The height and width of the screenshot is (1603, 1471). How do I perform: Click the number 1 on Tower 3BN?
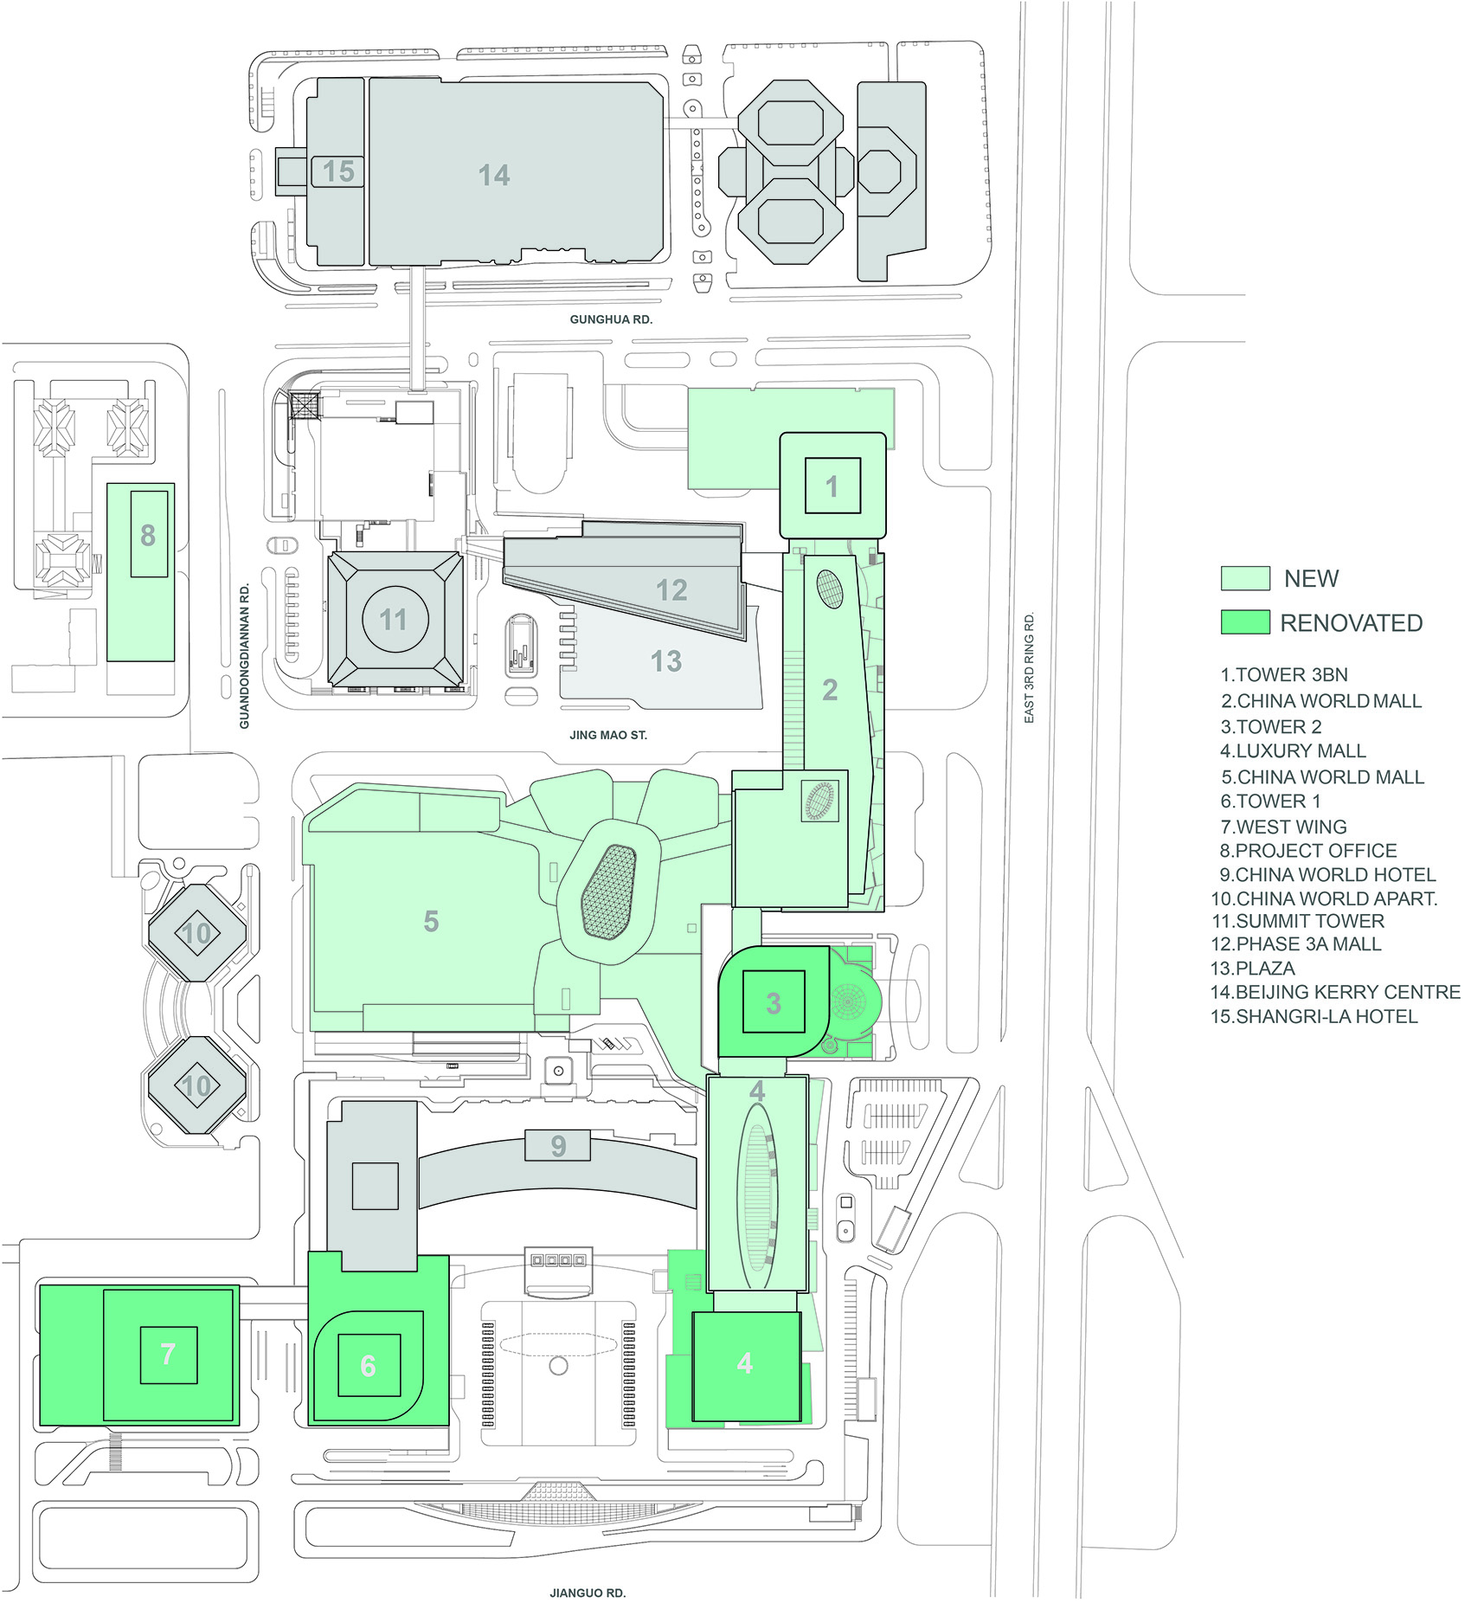(x=832, y=487)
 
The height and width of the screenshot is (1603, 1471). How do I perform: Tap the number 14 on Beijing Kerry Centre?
(x=494, y=176)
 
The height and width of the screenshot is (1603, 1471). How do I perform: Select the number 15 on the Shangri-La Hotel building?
(x=338, y=171)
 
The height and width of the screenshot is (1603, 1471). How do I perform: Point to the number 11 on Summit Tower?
(x=393, y=620)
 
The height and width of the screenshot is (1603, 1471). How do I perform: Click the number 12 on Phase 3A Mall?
(x=671, y=590)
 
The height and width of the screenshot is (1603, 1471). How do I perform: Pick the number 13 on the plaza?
(x=666, y=661)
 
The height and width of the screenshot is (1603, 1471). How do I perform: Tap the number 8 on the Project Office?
(x=148, y=536)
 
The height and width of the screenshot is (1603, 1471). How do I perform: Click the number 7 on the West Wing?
(x=168, y=1354)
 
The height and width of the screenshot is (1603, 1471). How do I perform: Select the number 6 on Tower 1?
(x=368, y=1366)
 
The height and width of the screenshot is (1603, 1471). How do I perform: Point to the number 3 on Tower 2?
(x=774, y=1003)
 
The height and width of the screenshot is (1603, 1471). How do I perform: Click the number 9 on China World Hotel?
(x=558, y=1146)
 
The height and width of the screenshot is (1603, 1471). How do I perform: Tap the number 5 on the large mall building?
(x=431, y=921)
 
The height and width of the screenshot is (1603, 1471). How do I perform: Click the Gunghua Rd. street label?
(x=611, y=319)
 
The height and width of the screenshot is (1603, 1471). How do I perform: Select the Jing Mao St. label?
(x=608, y=735)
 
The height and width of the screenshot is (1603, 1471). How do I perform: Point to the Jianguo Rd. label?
(x=588, y=1593)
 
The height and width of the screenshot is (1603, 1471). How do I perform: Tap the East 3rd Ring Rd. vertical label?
(x=1029, y=668)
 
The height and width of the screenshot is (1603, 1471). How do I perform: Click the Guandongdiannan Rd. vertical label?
(x=245, y=656)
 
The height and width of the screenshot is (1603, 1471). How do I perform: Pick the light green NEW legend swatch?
(x=1245, y=578)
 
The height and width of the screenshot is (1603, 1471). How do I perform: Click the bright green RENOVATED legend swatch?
(x=1245, y=622)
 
